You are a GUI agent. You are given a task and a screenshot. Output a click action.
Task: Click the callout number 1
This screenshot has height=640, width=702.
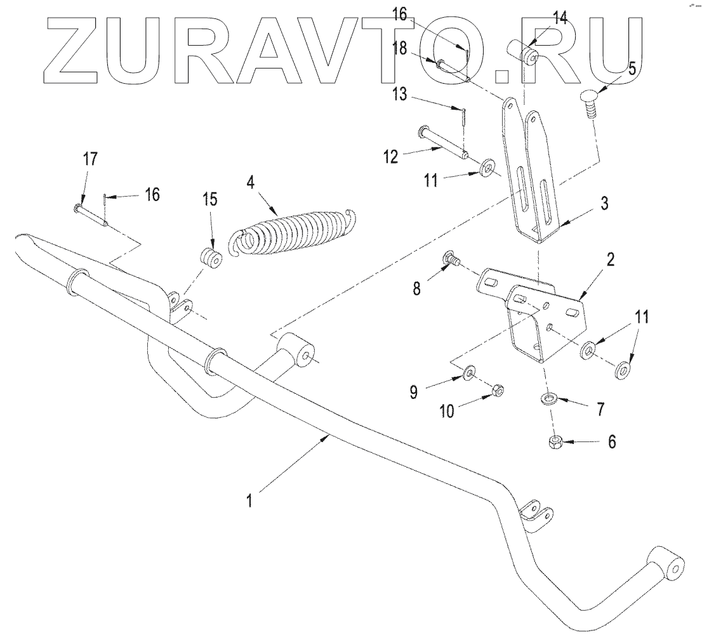click(251, 500)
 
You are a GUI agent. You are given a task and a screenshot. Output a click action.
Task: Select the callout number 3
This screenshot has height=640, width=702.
click(605, 204)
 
